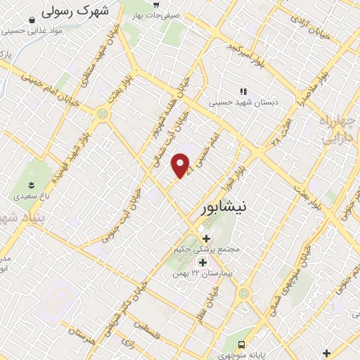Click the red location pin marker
[181, 165]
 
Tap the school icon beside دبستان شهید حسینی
[243, 91]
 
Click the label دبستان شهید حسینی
[243, 103]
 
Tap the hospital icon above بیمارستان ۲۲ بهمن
[202, 262]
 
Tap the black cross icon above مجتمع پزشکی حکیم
[205, 239]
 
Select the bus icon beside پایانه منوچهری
[241, 345]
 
